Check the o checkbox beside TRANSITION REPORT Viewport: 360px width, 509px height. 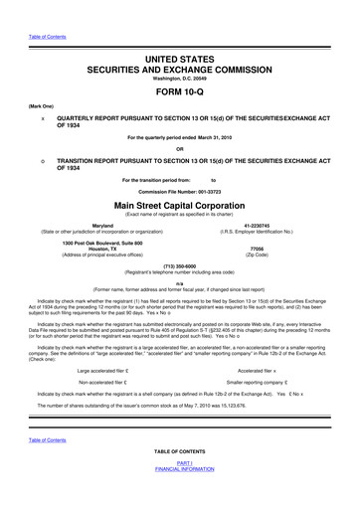pos(43,159)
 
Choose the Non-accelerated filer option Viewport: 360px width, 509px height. pos(118,382)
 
